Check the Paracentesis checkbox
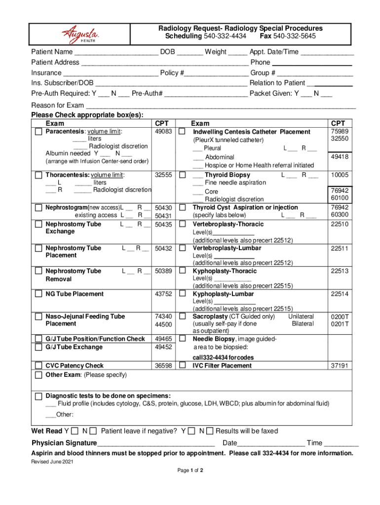38,132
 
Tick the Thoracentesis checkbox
38,175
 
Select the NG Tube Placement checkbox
38,294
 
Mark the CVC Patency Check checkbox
38,366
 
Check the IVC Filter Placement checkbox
182,366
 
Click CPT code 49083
163,132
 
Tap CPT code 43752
163,294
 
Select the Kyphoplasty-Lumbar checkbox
182,294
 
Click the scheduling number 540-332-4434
225,36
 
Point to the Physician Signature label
64,443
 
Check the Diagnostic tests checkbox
38,397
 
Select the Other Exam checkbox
38,375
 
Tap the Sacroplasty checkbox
182,316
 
